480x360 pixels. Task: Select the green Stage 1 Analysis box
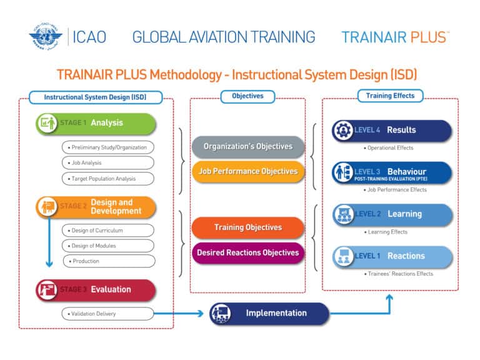pos(96,123)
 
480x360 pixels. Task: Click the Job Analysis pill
pos(107,162)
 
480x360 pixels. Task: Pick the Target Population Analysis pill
pos(107,178)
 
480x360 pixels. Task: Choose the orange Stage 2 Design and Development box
pos(96,207)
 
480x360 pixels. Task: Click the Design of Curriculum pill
pos(107,231)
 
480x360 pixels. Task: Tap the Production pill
pos(107,261)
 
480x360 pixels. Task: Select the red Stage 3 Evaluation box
pos(96,290)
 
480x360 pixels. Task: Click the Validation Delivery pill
pos(107,314)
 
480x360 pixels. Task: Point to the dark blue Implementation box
pos(269,313)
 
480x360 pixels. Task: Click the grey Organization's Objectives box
pos(248,147)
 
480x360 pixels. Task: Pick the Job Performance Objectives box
pos(248,171)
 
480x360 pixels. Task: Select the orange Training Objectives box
pos(248,228)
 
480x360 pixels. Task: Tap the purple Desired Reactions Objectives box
pos(248,253)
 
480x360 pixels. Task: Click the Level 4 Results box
pos(391,131)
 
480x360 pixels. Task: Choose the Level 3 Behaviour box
pos(391,173)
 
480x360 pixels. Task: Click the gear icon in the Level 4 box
pos(343,131)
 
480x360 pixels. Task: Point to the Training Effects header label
pos(390,96)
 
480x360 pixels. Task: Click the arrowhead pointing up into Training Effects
pos(389,298)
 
